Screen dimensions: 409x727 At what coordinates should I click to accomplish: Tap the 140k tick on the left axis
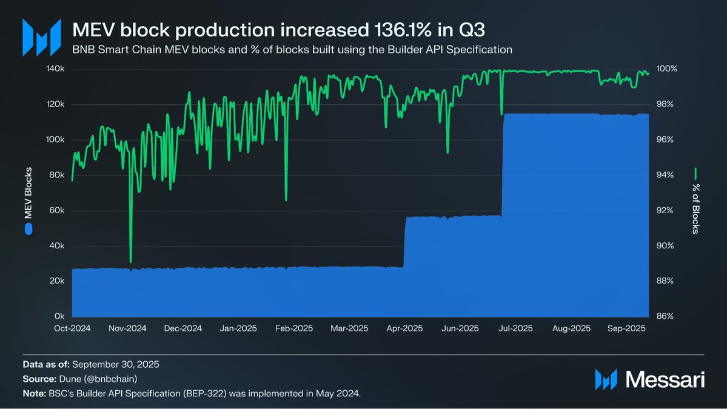(56, 69)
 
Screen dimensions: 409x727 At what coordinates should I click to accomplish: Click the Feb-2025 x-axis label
(294, 328)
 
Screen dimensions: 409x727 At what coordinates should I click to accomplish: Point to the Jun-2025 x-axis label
(459, 328)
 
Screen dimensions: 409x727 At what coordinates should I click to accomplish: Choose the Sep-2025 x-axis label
(627, 328)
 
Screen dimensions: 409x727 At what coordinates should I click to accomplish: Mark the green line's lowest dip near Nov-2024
(131, 262)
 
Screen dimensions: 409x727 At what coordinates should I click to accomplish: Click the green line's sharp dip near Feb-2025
(286, 199)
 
